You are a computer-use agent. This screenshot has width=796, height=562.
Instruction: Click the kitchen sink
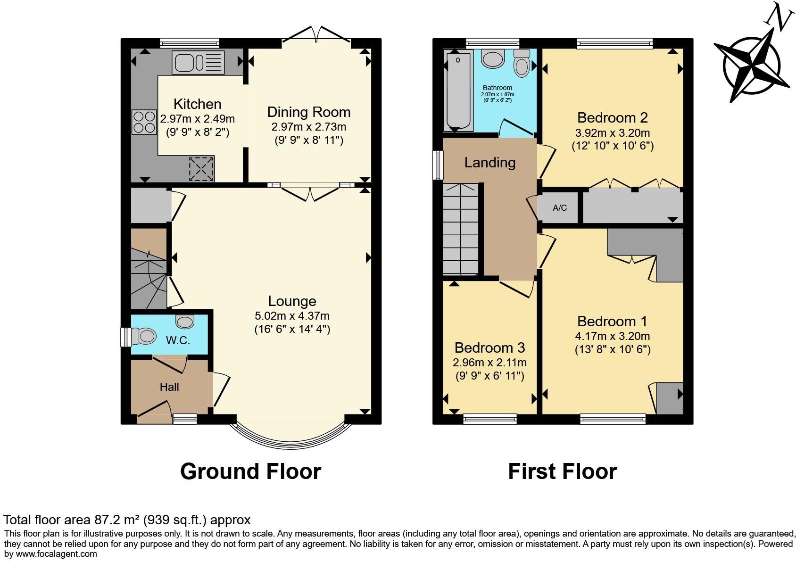pyautogui.click(x=198, y=63)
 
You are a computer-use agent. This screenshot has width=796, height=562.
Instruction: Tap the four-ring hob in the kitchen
pyautogui.click(x=144, y=122)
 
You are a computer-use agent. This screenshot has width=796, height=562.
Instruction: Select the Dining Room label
pyautogui.click(x=309, y=112)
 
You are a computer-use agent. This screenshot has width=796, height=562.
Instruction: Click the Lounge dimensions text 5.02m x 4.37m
pyautogui.click(x=292, y=316)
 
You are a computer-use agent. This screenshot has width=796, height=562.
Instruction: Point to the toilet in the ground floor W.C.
pyautogui.click(x=143, y=336)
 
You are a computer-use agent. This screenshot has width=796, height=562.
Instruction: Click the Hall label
pyautogui.click(x=169, y=387)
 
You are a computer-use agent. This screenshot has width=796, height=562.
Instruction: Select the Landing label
pyautogui.click(x=490, y=163)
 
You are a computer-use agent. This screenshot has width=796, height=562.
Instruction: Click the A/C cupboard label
pyautogui.click(x=560, y=208)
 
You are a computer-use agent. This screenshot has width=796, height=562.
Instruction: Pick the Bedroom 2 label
pyautogui.click(x=612, y=117)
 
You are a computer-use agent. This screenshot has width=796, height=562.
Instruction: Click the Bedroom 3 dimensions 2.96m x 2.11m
pyautogui.click(x=489, y=363)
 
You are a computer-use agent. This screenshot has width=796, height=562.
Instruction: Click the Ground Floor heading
pyautogui.click(x=250, y=471)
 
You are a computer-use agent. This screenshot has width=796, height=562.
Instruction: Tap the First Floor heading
pyautogui.click(x=563, y=471)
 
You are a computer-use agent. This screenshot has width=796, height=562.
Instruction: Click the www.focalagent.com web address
pyautogui.click(x=56, y=554)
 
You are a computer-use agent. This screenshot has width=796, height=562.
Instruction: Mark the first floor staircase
pyautogui.click(x=461, y=229)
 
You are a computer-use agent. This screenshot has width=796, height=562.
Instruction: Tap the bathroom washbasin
pyautogui.click(x=492, y=58)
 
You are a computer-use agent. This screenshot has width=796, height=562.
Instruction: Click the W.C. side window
pyautogui.click(x=126, y=337)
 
